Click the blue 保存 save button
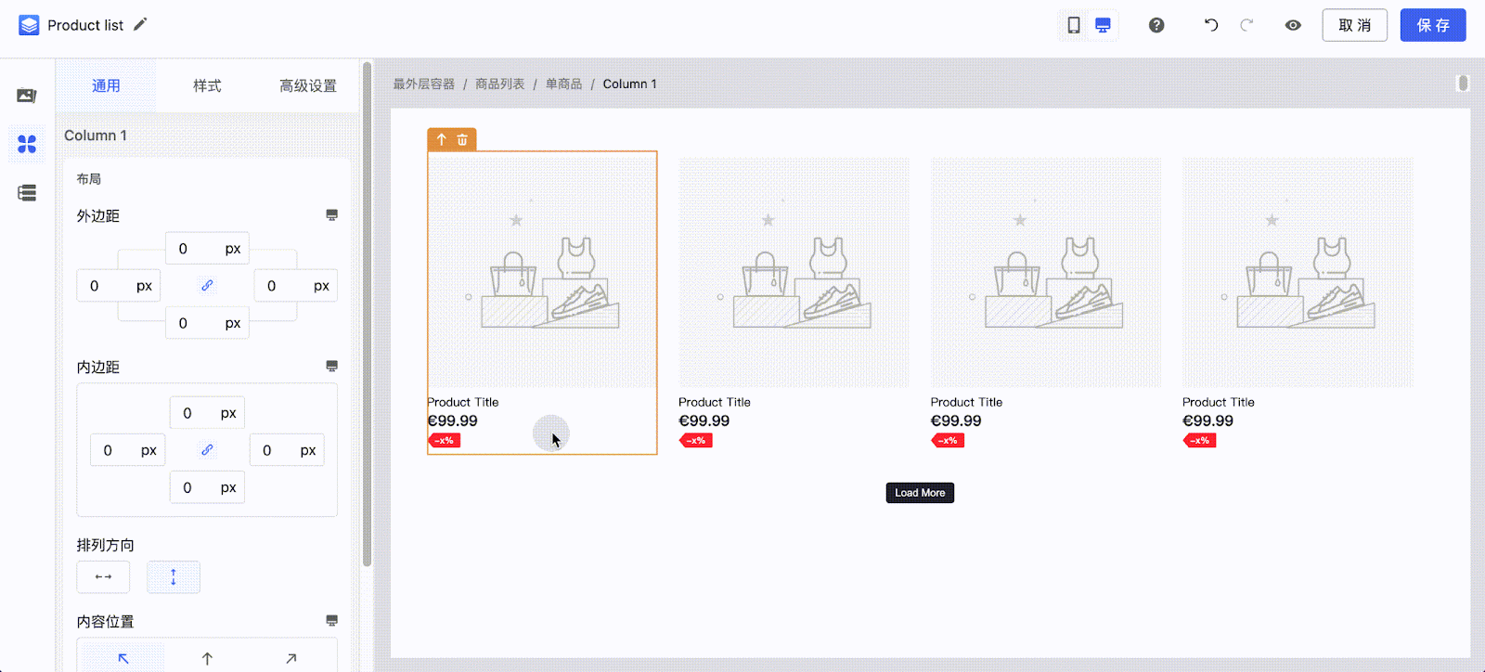[1432, 25]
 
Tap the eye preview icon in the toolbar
[1293, 25]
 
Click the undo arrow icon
[1211, 25]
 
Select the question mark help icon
[1156, 25]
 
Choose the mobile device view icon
[1074, 25]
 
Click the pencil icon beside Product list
[140, 24]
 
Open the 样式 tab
[207, 85]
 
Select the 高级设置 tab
[308, 85]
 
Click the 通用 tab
[106, 85]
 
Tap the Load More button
[920, 493]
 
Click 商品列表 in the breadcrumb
[499, 84]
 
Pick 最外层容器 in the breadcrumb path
[423, 84]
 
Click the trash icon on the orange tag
[462, 139]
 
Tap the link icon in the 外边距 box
[207, 286]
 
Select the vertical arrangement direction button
[174, 577]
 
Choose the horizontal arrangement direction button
[103, 577]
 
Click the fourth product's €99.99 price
[1207, 420]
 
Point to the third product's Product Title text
[966, 402]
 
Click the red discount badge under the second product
[695, 440]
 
